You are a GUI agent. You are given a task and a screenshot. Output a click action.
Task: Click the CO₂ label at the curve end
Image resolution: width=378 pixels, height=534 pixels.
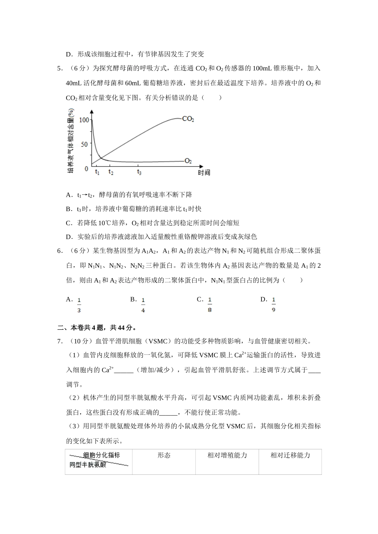188,118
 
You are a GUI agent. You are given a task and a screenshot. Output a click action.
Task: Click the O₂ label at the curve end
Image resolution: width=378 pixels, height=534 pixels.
188,161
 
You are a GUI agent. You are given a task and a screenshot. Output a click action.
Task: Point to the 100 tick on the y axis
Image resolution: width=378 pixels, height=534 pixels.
84,120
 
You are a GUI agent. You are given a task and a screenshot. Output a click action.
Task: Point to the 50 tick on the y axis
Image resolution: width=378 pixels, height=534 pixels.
84,144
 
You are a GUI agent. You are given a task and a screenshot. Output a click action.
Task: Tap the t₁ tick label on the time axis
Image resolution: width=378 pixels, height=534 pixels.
97,172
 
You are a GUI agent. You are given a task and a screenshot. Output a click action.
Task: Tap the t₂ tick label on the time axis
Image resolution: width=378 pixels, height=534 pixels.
111,172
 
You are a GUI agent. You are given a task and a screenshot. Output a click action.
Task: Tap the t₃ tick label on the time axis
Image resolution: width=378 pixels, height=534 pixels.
139,172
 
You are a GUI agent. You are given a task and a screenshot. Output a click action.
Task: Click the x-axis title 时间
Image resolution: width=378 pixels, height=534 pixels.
204,172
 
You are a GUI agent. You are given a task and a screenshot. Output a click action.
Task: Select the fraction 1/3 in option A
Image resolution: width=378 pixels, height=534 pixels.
79,305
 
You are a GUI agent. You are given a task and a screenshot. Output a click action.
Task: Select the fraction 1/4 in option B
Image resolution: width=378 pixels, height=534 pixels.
143,305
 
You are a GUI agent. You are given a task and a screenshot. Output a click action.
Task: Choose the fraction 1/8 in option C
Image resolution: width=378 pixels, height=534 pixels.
210,305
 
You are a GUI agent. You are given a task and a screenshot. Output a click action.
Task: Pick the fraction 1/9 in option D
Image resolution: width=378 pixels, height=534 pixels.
273,305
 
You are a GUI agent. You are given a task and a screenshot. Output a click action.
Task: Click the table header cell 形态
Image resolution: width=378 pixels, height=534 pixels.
164,455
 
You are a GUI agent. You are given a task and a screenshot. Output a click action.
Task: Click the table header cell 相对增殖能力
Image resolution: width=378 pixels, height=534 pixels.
227,455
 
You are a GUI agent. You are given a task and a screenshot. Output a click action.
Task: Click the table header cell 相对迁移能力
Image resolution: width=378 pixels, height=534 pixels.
290,455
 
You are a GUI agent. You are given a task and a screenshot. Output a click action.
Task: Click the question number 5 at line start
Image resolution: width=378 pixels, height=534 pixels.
59,68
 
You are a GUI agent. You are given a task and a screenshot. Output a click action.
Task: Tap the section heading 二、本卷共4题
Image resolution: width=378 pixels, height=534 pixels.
97,328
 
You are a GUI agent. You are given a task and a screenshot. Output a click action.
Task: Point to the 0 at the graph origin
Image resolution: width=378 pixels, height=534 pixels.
86,169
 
